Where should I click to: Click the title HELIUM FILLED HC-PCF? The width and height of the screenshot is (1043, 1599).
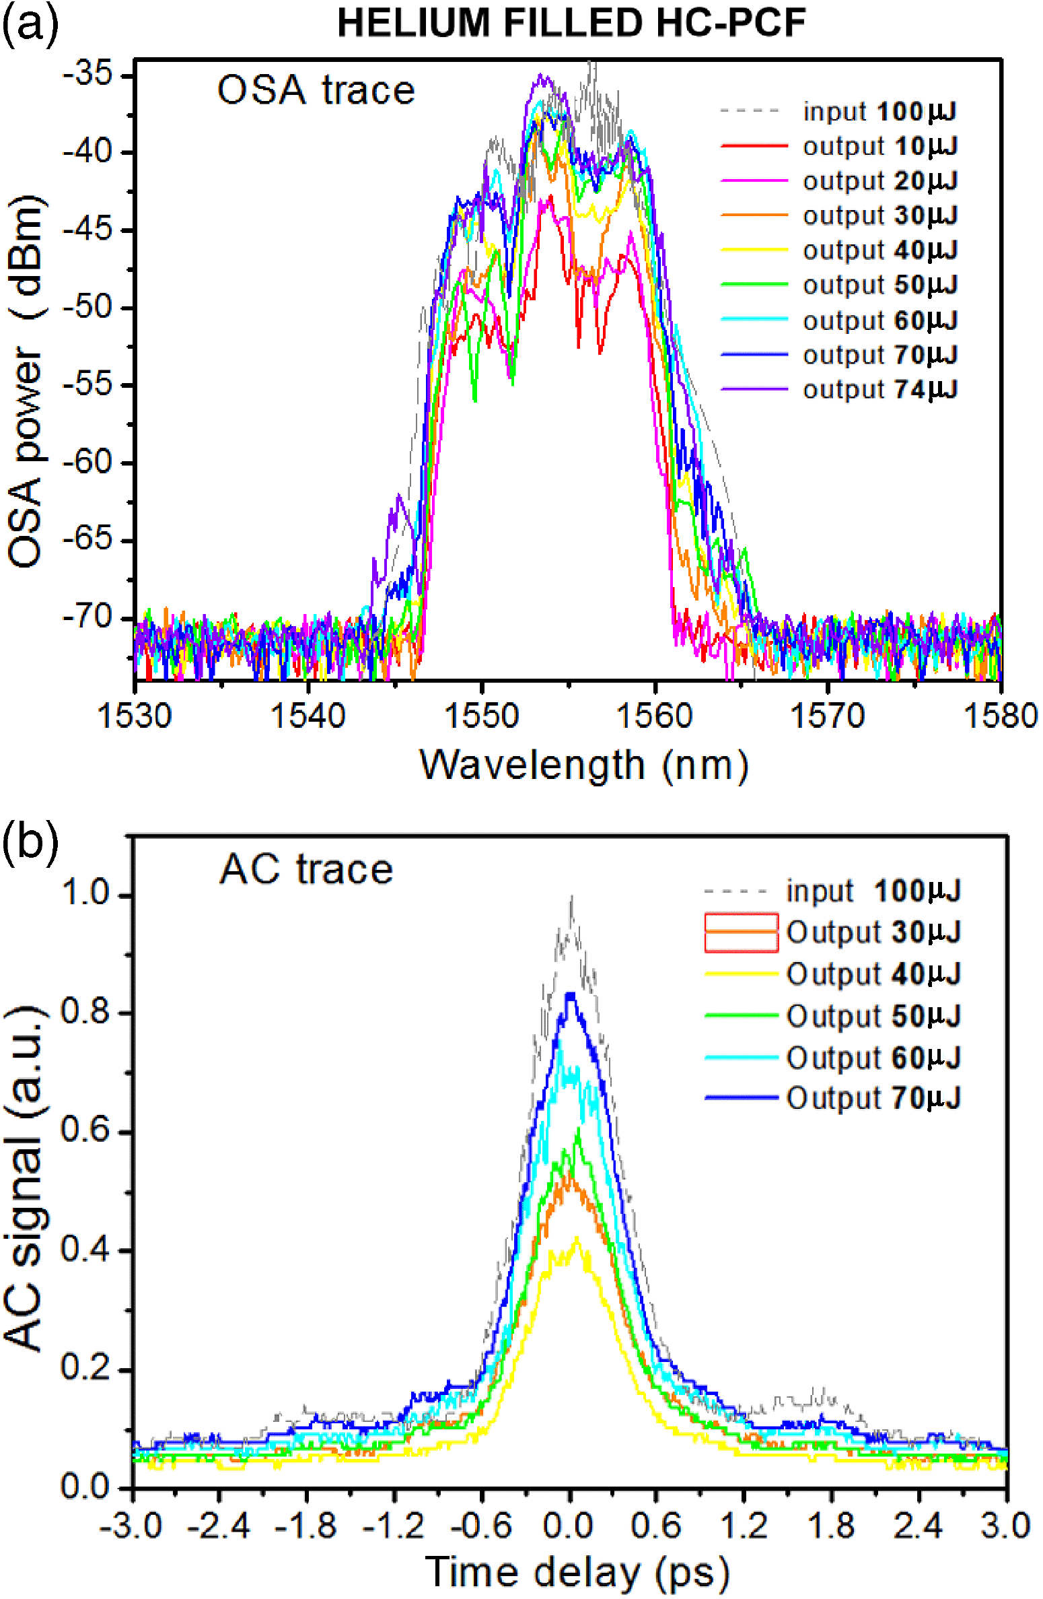(571, 23)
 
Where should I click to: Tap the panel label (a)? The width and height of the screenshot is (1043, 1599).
(30, 26)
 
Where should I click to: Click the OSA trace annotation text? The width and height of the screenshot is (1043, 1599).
(316, 90)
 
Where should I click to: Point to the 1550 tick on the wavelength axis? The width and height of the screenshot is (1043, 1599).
(481, 715)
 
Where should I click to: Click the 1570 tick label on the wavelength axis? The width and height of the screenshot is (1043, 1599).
(827, 715)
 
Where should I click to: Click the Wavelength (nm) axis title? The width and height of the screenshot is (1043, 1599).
(584, 766)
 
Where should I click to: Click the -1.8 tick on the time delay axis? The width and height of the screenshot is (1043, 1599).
(306, 1525)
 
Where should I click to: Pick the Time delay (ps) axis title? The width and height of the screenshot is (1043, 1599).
(577, 1573)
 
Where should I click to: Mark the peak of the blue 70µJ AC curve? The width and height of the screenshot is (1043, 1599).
(571, 995)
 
